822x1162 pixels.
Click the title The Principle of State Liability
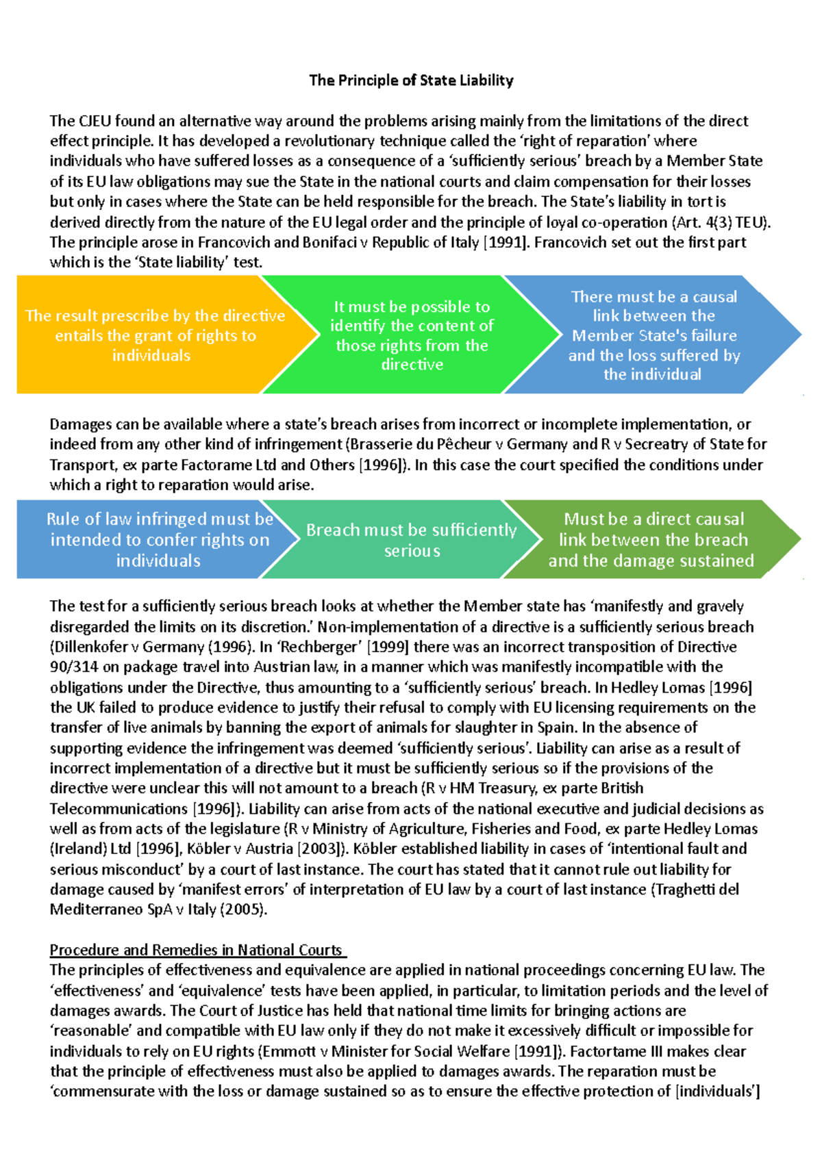point(411,80)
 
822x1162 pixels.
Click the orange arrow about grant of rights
point(154,335)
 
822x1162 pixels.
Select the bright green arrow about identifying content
point(412,335)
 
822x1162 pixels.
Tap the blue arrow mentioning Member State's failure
point(653,335)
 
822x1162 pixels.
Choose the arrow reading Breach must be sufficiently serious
point(411,540)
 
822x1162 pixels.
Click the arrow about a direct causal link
point(651,540)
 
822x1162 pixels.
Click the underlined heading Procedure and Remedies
point(197,950)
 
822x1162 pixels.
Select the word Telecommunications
point(119,808)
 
